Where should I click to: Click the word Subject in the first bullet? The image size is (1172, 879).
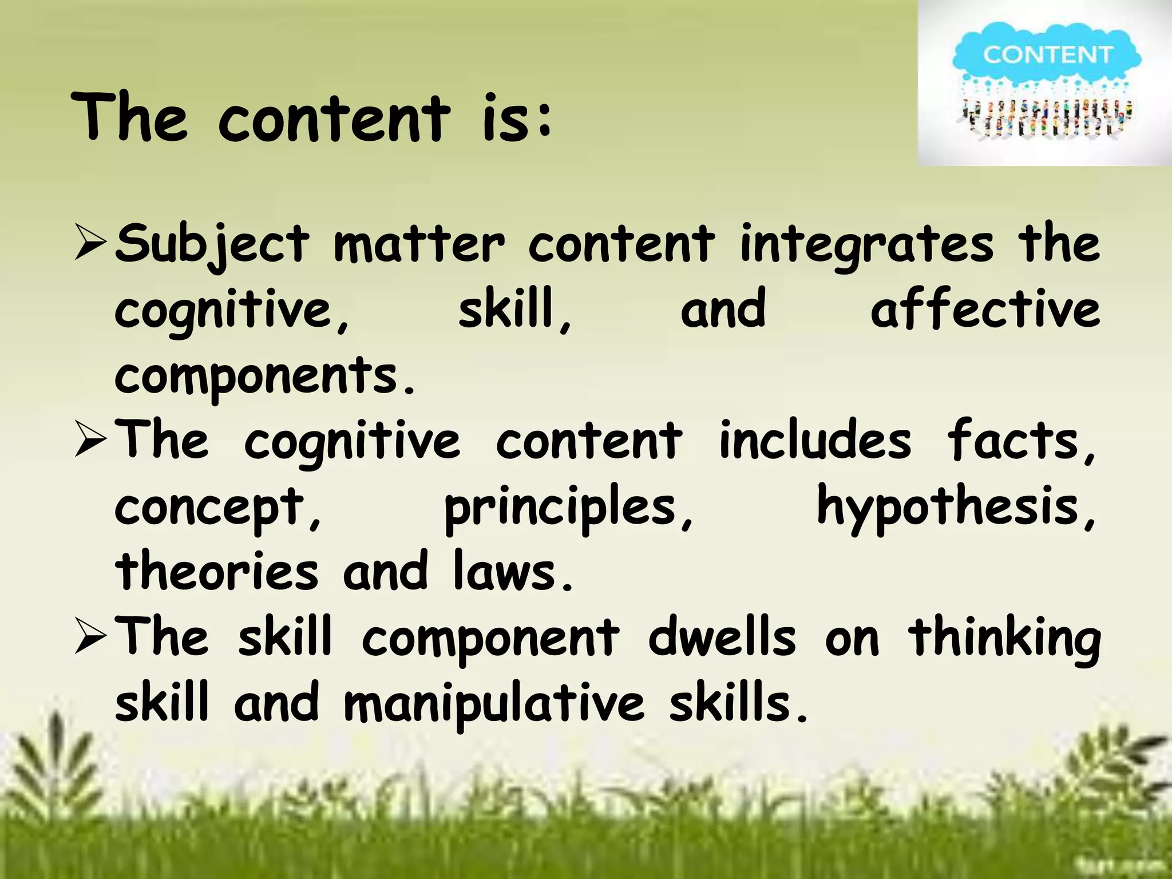[x=212, y=245]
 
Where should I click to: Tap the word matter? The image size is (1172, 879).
[x=419, y=245]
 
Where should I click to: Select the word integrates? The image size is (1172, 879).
[x=866, y=245]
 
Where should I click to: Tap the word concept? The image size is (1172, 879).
[x=217, y=508]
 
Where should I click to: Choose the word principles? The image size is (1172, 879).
[x=569, y=508]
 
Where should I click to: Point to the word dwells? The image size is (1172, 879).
[x=722, y=638]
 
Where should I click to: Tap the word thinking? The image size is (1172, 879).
[x=1004, y=639]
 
